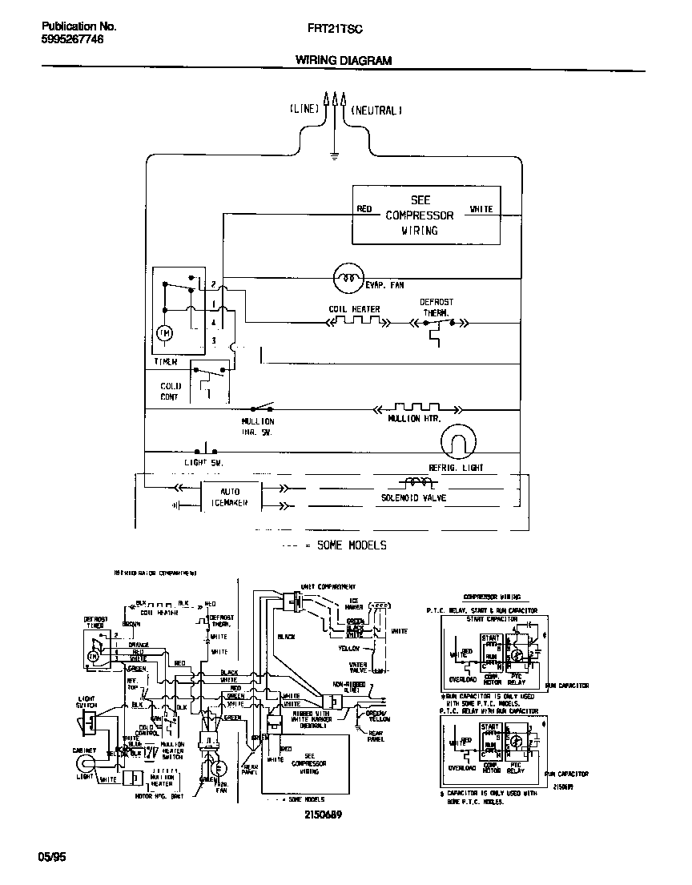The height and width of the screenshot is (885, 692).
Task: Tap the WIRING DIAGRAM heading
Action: tap(344, 60)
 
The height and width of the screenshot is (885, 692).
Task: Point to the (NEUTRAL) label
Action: tap(376, 110)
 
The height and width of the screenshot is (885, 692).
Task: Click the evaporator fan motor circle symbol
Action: tap(348, 277)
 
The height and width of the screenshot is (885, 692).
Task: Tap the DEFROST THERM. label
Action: tap(437, 308)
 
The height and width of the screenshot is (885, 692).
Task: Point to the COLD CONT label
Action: tap(170, 391)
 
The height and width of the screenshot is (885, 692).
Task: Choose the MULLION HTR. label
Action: tap(414, 418)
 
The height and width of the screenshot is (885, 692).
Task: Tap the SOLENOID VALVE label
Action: tap(413, 498)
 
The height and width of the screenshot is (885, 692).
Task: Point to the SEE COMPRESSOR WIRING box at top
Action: tap(426, 215)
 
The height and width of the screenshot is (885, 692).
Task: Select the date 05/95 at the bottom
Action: tap(52, 857)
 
